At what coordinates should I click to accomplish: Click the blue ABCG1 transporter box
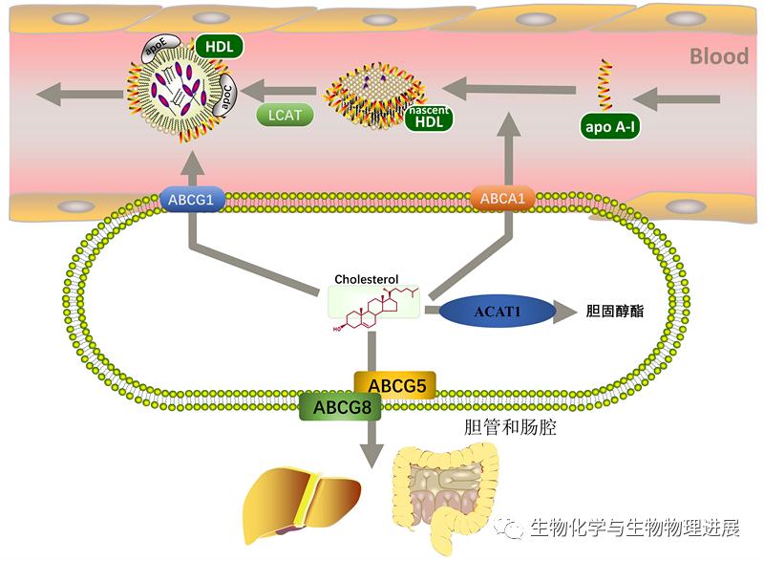coord(192,200)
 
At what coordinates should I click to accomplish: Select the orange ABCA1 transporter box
coord(502,199)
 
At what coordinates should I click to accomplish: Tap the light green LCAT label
coord(285,115)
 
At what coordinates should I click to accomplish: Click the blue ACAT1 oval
coord(498,311)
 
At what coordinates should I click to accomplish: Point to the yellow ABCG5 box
coord(394,385)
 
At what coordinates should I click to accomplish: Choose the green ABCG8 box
coord(341,406)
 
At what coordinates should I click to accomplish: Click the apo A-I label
coord(609,127)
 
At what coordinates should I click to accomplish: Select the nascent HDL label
coord(429,118)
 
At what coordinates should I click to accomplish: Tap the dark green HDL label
coord(220,47)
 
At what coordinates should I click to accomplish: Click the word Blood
coord(719,56)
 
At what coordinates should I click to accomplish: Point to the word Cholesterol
coord(366,279)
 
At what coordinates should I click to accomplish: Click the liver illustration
coord(301,503)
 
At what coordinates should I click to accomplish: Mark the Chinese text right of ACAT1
coord(615,311)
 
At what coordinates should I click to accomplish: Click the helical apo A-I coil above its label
coord(605,84)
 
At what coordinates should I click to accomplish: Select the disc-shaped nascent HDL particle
coord(371,94)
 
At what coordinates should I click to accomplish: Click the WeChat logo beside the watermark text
coord(507,528)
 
